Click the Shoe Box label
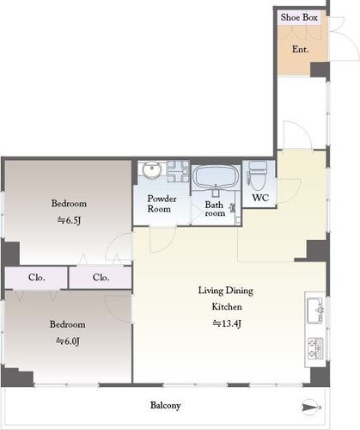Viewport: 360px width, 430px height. point(299,17)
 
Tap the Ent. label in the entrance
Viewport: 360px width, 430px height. point(300,49)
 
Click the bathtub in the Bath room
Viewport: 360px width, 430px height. point(216,177)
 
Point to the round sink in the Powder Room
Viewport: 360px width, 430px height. point(152,171)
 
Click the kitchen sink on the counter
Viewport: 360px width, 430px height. point(315,310)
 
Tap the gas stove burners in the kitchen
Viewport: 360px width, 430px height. point(315,349)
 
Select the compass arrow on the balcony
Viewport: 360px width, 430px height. point(311,407)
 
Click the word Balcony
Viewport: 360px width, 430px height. point(166,406)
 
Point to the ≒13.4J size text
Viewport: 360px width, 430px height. point(227,323)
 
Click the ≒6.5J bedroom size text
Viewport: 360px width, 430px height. point(69,220)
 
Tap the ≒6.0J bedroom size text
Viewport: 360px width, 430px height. point(68,341)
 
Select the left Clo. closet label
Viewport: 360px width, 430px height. point(37,278)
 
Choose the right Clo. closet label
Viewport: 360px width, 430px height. point(101,278)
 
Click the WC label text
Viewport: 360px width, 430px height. point(260,198)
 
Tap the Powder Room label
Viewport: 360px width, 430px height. point(162,204)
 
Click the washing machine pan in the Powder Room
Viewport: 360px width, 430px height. point(178,171)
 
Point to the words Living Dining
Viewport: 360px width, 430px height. point(226,291)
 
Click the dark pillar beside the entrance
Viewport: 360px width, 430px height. point(320,70)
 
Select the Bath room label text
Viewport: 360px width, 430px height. point(215,209)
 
